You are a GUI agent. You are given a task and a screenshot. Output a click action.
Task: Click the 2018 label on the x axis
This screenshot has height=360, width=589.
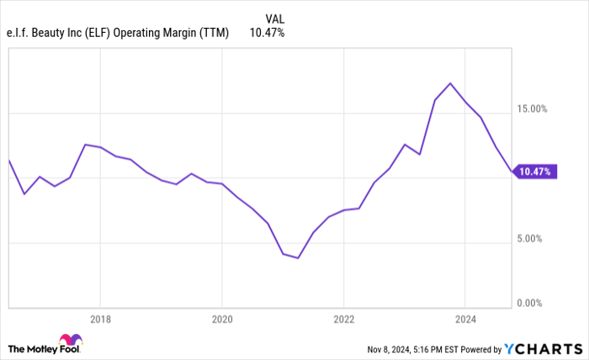(x=100, y=320)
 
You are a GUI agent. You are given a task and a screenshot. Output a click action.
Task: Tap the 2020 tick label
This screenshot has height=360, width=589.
(x=221, y=320)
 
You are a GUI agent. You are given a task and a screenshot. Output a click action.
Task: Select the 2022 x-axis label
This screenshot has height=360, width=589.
(x=343, y=320)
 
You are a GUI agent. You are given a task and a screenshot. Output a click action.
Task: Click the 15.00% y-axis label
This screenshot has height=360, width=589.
(x=532, y=109)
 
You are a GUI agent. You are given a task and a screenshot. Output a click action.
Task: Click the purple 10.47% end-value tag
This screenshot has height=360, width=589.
(x=534, y=172)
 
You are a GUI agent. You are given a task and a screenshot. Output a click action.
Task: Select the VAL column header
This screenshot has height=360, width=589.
(x=274, y=19)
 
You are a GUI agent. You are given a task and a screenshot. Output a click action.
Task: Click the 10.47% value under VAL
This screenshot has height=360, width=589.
(x=267, y=33)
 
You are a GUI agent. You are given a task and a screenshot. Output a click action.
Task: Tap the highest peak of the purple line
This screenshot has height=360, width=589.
(x=451, y=83)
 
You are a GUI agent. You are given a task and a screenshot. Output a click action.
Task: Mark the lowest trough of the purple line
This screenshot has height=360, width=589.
(x=298, y=258)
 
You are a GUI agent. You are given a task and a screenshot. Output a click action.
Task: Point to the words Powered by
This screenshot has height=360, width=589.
(x=480, y=348)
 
